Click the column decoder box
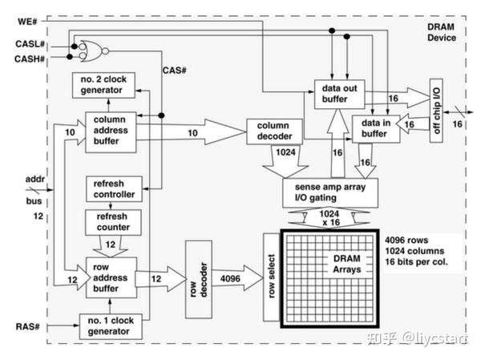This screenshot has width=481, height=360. tap(274, 131)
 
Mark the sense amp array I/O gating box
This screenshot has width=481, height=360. tap(329, 192)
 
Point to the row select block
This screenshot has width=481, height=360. tap(271, 277)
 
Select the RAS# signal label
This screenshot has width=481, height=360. tap(26, 326)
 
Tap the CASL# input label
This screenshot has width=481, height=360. tap(32, 45)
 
